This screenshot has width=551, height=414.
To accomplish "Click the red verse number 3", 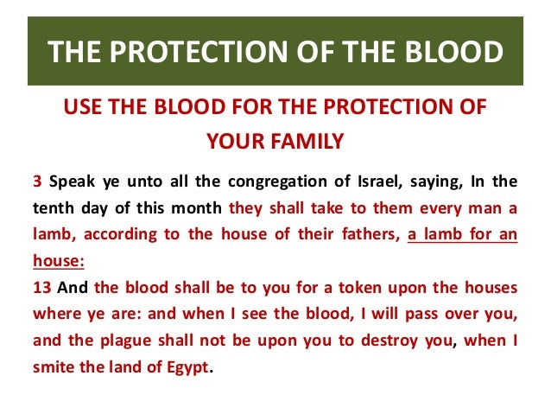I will click(x=37, y=182).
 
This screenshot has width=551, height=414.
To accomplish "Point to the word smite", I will click(x=54, y=366).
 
